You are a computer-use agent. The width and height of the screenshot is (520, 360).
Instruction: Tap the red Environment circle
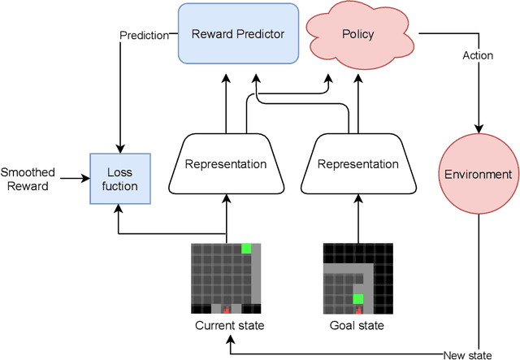pyautogui.click(x=478, y=174)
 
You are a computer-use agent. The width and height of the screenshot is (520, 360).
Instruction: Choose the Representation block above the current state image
pyautogui.click(x=225, y=164)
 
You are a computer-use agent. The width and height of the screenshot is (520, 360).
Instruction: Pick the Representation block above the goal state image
pyautogui.click(x=357, y=164)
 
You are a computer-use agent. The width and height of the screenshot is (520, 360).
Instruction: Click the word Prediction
pyautogui.click(x=144, y=36)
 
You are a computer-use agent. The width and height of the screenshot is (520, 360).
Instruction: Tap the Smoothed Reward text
pyautogui.click(x=28, y=179)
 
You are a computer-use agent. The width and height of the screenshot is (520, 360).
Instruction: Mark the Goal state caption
pyautogui.click(x=357, y=327)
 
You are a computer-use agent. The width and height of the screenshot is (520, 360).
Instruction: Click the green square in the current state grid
pyautogui.click(x=246, y=248)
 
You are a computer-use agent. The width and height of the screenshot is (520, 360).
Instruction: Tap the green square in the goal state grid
pyautogui.click(x=357, y=299)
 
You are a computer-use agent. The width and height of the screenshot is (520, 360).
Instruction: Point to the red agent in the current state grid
pyautogui.click(x=226, y=309)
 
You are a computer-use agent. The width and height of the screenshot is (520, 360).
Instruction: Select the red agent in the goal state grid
pyautogui.click(x=357, y=309)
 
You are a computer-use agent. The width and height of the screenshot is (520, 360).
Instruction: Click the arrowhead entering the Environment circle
pyautogui.click(x=479, y=128)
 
